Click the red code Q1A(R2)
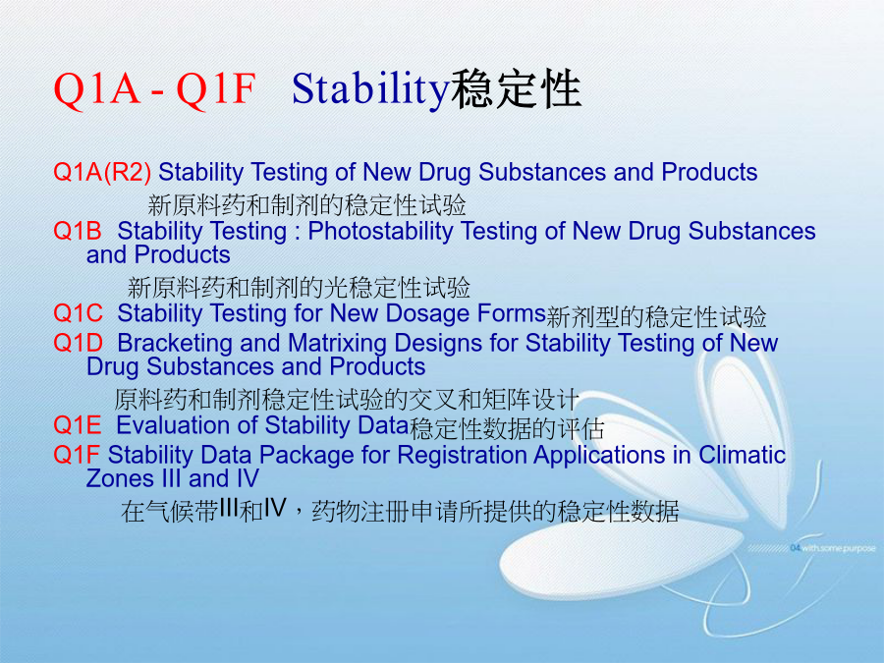102,173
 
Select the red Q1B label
78,231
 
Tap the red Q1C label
78,313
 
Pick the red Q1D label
78,343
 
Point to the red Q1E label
78,425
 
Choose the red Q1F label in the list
76,455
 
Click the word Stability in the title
370,90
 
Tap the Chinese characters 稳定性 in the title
516,89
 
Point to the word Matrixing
337,344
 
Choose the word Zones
121,478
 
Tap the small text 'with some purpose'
839,548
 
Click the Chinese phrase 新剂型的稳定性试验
656,316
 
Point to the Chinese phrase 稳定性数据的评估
507,428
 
